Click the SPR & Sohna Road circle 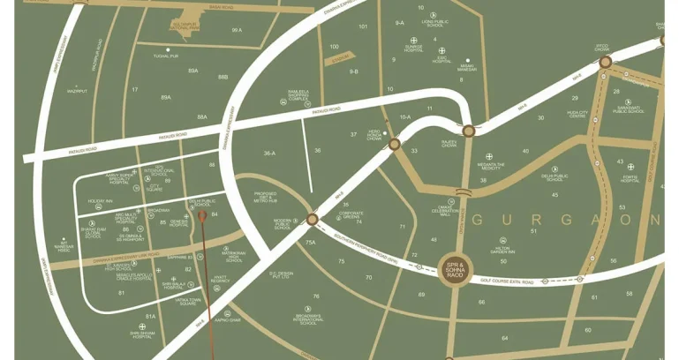456,269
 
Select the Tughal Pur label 166,56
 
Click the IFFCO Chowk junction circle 605,62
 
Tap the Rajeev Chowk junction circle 469,131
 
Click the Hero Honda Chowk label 374,136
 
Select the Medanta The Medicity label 491,166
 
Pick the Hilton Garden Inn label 503,250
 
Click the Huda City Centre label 577,115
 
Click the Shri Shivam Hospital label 142,334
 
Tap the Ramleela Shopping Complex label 298,95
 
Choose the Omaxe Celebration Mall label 446,211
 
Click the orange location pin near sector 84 201,216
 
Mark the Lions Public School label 434,23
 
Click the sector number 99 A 237,30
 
